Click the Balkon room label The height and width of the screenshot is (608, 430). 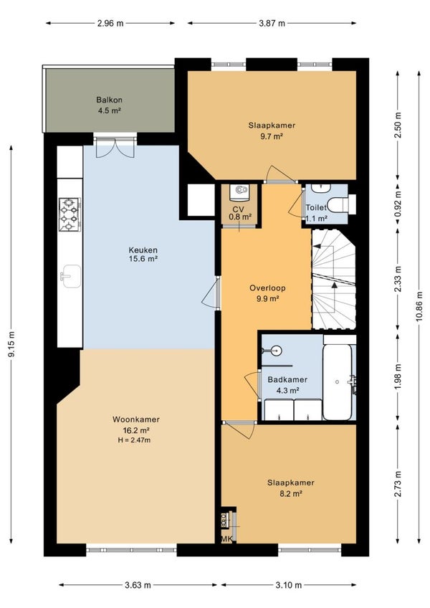point(110,100)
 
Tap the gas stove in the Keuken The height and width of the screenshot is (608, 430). point(70,214)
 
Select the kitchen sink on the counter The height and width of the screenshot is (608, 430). point(72,277)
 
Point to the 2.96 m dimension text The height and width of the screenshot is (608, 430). point(110,23)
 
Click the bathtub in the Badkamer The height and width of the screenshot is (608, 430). point(338,382)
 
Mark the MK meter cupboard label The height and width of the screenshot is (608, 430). point(226,539)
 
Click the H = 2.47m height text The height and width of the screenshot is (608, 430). point(134,440)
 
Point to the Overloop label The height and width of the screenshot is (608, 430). point(267,288)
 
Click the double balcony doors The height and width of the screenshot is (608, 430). point(115,148)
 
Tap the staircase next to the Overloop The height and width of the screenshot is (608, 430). point(334,279)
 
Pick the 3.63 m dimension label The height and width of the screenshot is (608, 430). point(138,585)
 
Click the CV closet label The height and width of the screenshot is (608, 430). point(239,209)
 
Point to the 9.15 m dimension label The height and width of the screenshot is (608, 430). point(11,344)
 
